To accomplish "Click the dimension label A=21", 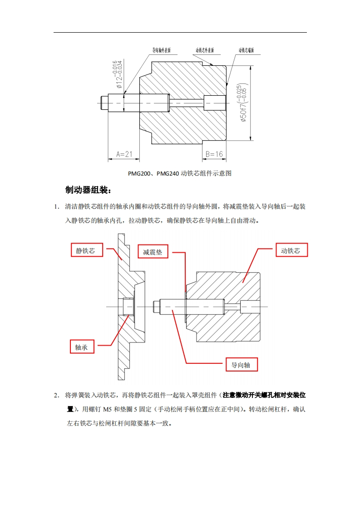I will click(x=123, y=154).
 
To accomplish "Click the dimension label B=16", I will click(x=214, y=154).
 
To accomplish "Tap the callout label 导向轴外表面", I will click(x=161, y=50).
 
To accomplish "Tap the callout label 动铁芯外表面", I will click(x=205, y=50).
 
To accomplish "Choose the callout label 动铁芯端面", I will click(x=246, y=50).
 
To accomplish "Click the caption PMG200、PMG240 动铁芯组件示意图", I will click(x=180, y=173).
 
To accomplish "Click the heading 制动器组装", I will click(x=88, y=190).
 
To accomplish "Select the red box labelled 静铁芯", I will click(x=86, y=250).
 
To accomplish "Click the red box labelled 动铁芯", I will click(x=291, y=250).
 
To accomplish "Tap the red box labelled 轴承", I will click(x=82, y=347).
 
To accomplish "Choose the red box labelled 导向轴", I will click(x=242, y=365).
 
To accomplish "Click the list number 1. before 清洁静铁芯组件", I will click(x=57, y=207).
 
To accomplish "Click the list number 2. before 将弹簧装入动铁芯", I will click(x=57, y=395).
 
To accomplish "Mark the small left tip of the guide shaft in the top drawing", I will click(x=104, y=103).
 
